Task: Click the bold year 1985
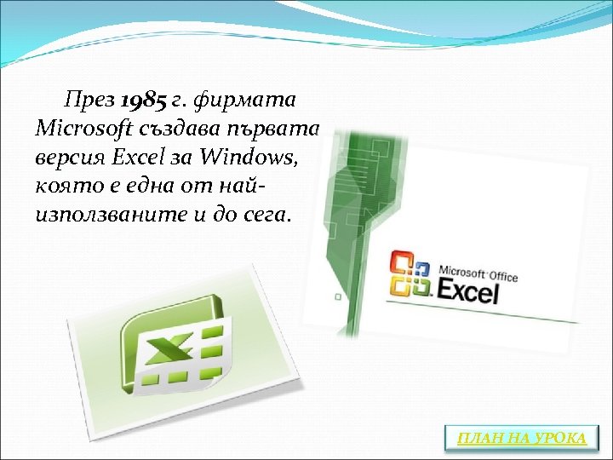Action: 144,101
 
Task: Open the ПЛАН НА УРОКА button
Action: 522,438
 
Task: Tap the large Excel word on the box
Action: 467,294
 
